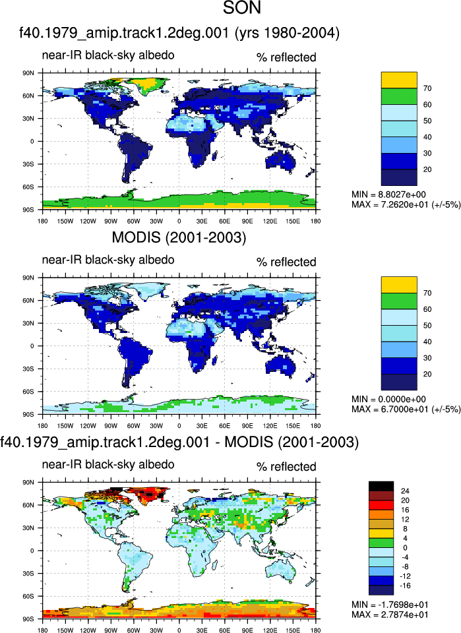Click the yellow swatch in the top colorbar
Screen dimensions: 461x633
[x=399, y=80]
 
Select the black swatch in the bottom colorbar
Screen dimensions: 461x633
[x=381, y=486]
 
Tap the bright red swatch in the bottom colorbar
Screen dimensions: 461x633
[x=381, y=505]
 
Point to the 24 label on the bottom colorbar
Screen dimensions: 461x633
[x=404, y=491]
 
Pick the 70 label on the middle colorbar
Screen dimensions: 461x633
[x=427, y=293]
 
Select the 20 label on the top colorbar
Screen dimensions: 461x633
[x=427, y=169]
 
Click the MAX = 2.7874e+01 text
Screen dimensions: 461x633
[x=390, y=615]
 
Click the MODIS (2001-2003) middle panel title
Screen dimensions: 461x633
[x=179, y=237]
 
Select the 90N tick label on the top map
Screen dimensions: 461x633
[x=28, y=73]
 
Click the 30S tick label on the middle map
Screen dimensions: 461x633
[x=28, y=369]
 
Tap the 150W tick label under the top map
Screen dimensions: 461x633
[x=65, y=222]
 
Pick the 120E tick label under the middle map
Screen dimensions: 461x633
[x=270, y=426]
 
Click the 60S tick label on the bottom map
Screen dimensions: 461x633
[x=28, y=596]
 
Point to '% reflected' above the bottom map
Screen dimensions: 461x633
[x=286, y=467]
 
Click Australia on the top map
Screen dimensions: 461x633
[x=280, y=159]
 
